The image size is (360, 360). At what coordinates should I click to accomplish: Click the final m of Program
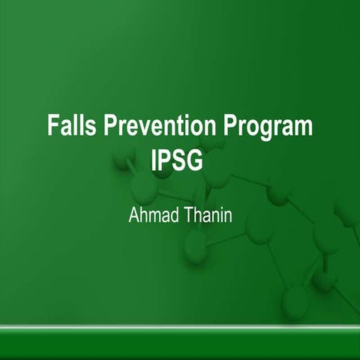302,127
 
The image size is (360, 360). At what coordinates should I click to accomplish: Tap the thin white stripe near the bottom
180,328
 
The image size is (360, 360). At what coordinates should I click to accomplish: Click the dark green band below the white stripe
180,346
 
